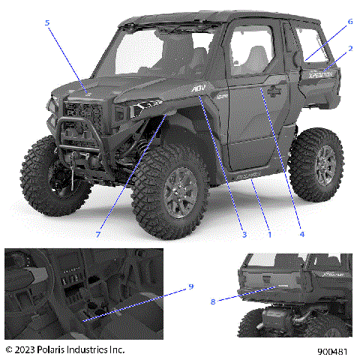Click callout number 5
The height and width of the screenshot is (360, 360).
click(x=46, y=23)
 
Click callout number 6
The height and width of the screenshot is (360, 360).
click(x=349, y=23)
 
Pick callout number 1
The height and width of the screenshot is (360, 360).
click(x=270, y=234)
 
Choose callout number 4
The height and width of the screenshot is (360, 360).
click(x=302, y=234)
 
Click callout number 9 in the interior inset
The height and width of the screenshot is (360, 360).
click(x=191, y=286)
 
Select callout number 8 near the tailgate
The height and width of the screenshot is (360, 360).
click(x=213, y=301)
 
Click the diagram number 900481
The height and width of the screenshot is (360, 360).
click(x=331, y=349)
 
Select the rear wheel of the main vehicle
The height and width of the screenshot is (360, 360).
click(x=315, y=165)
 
